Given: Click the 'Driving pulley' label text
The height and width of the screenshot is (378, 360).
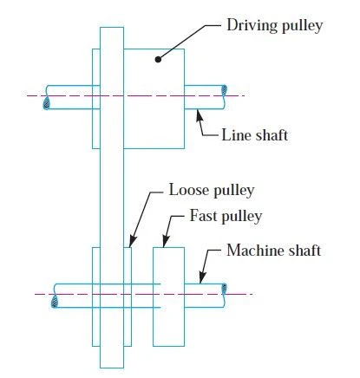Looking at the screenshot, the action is (275, 26).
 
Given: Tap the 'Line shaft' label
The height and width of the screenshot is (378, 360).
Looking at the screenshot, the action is (255, 135).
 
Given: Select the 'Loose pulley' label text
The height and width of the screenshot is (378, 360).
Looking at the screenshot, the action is (212, 191).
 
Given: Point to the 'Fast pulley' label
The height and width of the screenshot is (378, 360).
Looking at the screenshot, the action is (226, 216).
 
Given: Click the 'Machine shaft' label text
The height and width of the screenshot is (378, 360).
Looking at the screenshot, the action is (274, 251).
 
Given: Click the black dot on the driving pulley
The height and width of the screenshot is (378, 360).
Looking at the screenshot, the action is (158, 59).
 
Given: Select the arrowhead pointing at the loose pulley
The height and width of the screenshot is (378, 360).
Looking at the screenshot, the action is (133, 241).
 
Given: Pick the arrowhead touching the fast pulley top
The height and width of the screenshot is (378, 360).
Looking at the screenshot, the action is (166, 241).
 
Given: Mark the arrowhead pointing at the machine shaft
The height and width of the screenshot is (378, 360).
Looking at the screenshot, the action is (202, 277).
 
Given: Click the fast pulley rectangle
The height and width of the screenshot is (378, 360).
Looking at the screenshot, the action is (168, 297).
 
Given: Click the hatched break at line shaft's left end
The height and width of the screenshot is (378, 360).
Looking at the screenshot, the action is (46, 103).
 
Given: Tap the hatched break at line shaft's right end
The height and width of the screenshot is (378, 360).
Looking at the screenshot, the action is (225, 90).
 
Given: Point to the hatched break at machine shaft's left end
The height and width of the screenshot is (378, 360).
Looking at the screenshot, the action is (54, 302).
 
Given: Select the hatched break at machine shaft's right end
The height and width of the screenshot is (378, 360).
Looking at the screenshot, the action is (224, 289).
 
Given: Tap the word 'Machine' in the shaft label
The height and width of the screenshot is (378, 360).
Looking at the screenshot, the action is (250, 251).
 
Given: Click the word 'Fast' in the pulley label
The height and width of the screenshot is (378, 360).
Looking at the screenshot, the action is (203, 216).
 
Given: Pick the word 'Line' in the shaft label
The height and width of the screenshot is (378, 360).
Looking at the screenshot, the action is (234, 135).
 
